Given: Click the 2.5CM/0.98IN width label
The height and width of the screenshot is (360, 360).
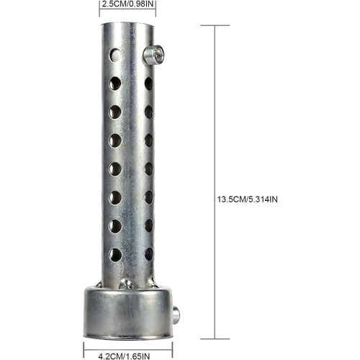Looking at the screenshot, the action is coord(127,4).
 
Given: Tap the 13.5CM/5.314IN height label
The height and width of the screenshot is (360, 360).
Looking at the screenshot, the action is coord(247,199).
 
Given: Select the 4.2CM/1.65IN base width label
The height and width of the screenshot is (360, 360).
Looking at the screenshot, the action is coord(124,356).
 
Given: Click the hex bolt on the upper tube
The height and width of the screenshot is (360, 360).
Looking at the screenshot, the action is coord(154,55).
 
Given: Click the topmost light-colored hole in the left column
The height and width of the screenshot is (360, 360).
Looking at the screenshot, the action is coord(115,55).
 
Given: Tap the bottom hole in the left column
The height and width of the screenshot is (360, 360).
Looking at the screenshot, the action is coord(115,255).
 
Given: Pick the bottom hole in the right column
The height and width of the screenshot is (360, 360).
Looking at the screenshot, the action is coord(149,254).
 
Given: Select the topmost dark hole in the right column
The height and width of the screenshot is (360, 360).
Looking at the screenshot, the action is coord(149,84).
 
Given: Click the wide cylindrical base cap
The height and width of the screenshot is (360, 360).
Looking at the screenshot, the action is coord(127,312).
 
